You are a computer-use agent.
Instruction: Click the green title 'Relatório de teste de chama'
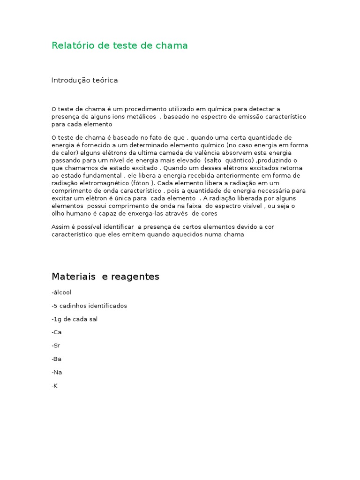coord(120,45)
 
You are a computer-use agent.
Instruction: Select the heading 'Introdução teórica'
coord(84,80)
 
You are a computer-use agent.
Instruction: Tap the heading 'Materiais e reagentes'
coord(105,277)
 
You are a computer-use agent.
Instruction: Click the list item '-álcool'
coord(61,292)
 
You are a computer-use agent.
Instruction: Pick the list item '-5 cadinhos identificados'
coord(89,306)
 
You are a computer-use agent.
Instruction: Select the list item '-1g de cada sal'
coord(75,319)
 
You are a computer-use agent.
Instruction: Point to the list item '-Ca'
coord(57,332)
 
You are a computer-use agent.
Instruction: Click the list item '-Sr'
coord(56,345)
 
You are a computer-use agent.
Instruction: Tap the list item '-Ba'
coord(57,359)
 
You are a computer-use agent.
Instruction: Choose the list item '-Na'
coord(57,372)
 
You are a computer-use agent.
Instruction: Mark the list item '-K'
coord(54,385)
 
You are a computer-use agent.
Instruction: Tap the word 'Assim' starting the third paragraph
coord(60,227)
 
